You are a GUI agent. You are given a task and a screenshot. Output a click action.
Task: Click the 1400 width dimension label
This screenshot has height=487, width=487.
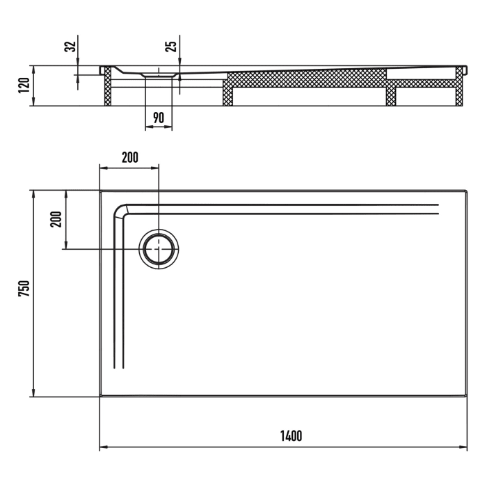coord(291,436)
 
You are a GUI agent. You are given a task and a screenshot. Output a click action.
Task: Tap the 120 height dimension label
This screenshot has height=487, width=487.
coord(22,86)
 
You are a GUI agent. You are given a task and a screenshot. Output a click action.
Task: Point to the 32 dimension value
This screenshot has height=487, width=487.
coord(69,47)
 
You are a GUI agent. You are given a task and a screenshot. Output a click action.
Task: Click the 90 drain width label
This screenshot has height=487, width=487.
coord(159,118)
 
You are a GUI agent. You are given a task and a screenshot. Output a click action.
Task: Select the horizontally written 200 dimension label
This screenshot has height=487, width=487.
coord(129,157)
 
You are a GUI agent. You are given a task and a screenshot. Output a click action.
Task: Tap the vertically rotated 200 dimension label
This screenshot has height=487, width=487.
coord(57,219)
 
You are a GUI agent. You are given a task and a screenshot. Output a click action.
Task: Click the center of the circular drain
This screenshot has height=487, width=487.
coord(159,248)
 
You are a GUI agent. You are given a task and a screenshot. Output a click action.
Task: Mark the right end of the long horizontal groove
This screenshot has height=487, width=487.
coord(438,208)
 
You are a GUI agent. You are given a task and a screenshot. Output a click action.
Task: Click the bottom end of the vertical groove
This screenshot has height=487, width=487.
coord(118,367)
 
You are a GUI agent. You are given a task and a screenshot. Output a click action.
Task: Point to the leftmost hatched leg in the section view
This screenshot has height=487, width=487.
coord(108,88)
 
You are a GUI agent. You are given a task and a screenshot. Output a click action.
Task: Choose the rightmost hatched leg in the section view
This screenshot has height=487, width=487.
coord(460,88)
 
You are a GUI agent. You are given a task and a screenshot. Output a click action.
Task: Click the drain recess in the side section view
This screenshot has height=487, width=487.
coord(159,74)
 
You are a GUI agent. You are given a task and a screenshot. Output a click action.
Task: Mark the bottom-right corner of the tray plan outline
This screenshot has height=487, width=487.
coord(466,397)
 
